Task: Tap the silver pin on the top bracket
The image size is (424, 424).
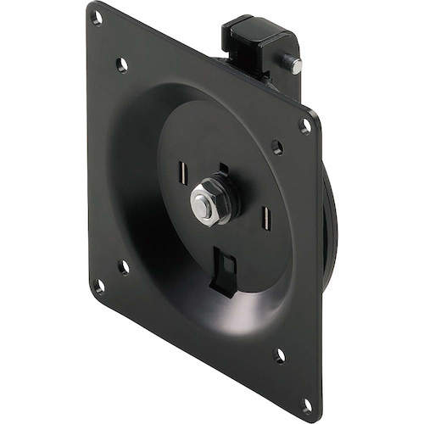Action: click(294, 62)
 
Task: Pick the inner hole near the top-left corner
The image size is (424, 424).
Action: click(121, 64)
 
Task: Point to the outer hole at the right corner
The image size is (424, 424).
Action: click(305, 125)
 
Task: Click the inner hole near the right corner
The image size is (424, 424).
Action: click(276, 147)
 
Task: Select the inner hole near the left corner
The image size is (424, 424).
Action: click(124, 267)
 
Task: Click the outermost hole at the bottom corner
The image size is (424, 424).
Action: click(307, 405)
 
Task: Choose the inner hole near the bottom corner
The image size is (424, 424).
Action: click(279, 355)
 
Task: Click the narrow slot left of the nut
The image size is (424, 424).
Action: click(182, 174)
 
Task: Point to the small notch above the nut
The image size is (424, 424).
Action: click(222, 168)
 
